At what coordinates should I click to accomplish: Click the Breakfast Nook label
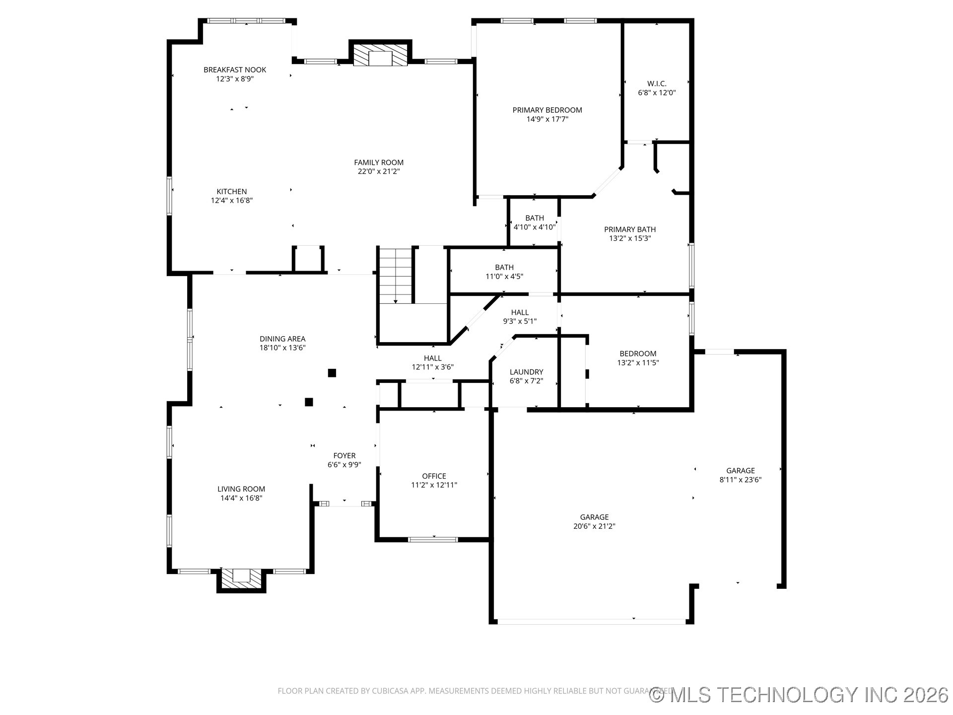[235, 70]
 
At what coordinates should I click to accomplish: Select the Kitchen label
[232, 192]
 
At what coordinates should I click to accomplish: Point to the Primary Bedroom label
[547, 110]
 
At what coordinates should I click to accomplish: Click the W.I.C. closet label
[657, 84]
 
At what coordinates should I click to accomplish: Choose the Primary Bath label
[630, 229]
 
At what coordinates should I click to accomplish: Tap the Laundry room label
[527, 372]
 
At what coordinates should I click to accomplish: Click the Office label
[434, 476]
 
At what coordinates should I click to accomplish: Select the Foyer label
[344, 456]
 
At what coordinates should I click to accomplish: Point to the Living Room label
[241, 489]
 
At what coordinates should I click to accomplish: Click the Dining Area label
[282, 339]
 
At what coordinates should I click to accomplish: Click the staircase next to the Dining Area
[396, 276]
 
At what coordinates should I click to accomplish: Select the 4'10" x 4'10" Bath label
[535, 218]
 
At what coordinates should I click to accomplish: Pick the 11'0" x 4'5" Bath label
[504, 268]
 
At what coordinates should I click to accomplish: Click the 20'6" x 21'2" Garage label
[595, 517]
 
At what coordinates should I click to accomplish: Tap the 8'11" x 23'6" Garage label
[741, 471]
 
